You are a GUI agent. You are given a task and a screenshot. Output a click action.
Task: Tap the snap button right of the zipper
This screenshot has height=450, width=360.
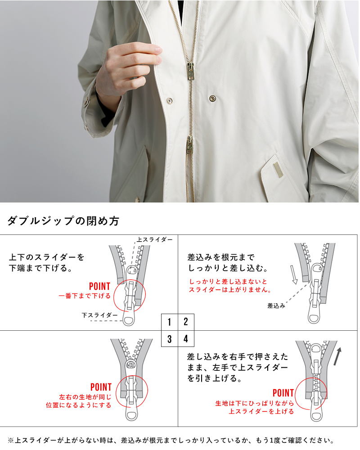[x=212, y=97]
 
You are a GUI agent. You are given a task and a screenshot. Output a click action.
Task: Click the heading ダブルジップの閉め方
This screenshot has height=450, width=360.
[x=63, y=221]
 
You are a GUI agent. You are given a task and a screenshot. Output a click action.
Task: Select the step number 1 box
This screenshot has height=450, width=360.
[x=170, y=322]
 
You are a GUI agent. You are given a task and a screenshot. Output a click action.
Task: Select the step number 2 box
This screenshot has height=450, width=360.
[x=186, y=322]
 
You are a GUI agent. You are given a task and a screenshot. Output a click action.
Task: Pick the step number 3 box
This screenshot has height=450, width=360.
[x=170, y=339]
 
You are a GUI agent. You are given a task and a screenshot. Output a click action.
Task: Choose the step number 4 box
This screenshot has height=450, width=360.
[x=186, y=339]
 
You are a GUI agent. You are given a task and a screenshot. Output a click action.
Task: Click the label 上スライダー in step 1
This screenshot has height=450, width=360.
[x=154, y=240]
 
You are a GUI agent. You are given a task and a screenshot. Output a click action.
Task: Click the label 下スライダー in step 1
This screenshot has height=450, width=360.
[x=99, y=315]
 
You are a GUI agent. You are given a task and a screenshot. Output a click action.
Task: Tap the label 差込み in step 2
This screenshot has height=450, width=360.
[x=276, y=306]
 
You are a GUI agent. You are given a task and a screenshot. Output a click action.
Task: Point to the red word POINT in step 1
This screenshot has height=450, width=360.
[x=100, y=286]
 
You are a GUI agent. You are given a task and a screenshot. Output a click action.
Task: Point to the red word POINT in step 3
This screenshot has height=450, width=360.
[x=101, y=387]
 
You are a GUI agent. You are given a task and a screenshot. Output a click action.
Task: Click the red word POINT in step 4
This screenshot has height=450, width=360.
[x=283, y=393]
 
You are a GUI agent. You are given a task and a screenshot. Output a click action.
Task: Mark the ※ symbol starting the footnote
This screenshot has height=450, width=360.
[x=11, y=440]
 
